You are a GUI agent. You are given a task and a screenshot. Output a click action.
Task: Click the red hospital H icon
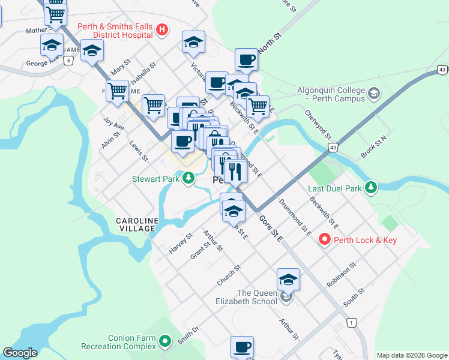tap(161, 29)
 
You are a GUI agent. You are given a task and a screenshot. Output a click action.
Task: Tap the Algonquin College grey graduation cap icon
tap(374, 94)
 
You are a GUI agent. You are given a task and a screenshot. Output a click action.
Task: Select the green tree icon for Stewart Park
tap(188, 178)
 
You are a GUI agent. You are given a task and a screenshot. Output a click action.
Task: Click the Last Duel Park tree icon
tap(372, 188)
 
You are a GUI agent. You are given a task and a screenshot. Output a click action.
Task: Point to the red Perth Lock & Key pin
tap(325, 240)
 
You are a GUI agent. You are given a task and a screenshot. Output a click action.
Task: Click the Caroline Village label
tap(137, 225)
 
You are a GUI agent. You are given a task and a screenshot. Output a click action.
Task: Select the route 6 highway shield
tap(69, 60)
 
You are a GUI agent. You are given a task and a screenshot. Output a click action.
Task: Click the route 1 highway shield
tap(351, 323)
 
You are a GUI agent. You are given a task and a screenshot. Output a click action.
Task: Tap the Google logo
tap(20, 353)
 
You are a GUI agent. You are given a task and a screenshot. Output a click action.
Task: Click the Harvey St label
tap(180, 243)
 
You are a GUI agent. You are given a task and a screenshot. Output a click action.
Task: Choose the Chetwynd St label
tap(318, 123)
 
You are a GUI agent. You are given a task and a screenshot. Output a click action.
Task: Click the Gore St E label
tap(272, 229)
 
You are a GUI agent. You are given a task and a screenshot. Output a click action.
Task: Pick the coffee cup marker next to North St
tap(246, 60)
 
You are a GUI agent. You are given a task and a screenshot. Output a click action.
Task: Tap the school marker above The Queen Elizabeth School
tap(288, 280)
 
